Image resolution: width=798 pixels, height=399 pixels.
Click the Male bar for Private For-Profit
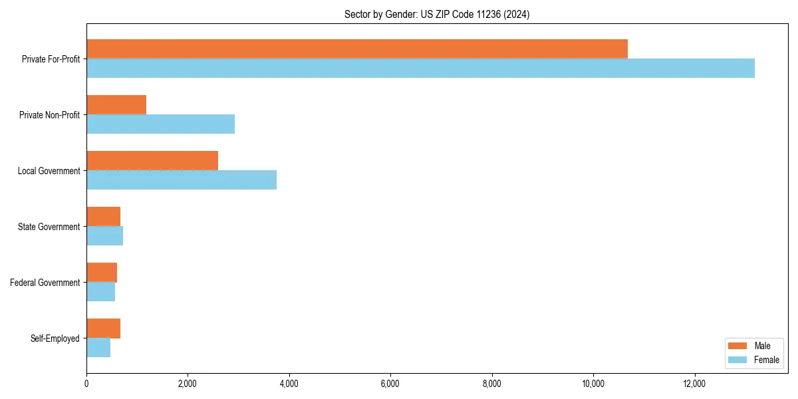[357, 49]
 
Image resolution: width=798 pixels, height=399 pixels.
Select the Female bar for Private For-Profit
[420, 68]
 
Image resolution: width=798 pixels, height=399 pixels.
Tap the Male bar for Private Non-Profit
[116, 104]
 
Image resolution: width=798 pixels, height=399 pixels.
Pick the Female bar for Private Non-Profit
[160, 124]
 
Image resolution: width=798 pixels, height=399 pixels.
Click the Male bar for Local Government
[152, 160]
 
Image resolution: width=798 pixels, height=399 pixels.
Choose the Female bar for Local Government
[182, 180]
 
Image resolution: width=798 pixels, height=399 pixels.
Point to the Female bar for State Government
[104, 236]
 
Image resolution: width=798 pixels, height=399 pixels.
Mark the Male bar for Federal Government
[102, 272]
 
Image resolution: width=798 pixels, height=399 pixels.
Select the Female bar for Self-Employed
[98, 348]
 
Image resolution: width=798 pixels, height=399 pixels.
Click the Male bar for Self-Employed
[103, 329]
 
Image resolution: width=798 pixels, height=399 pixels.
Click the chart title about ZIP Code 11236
[437, 14]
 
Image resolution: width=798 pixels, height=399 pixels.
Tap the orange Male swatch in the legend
[738, 346]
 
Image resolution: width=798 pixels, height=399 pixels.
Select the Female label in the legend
[767, 360]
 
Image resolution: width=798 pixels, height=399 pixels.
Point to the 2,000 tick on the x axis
[188, 383]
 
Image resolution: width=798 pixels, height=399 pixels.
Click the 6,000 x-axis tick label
[390, 383]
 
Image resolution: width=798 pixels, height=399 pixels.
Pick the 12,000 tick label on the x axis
[694, 383]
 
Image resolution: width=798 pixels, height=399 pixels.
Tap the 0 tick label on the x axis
[86, 383]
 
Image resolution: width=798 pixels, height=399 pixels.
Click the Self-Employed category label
[55, 338]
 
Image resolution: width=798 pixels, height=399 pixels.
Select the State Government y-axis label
[49, 227]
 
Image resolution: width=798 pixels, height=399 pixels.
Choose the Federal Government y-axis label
[45, 283]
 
